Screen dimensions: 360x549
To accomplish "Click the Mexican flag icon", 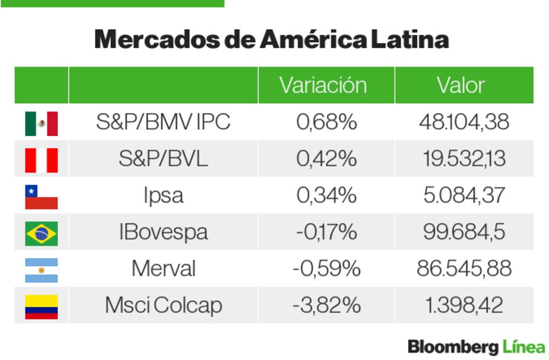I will pos(41,123).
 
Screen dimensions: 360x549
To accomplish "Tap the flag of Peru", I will pos(41,160).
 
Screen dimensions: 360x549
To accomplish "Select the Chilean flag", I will pos(41,197).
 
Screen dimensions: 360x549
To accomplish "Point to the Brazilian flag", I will pos(41,233).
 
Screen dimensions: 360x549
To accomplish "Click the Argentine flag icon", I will pos(41,270).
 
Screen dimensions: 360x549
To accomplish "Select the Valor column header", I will pos(461,85).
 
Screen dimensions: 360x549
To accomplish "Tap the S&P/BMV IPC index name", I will pos(163,122).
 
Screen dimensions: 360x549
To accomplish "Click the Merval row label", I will pos(163,269).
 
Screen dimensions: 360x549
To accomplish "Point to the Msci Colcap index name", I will pos(163,306).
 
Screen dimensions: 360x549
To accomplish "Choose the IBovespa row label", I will pos(163,232).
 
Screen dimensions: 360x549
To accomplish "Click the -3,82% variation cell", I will pos(327,306).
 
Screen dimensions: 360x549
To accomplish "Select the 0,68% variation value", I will pos(327,122).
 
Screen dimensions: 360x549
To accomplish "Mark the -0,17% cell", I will pos(327,232).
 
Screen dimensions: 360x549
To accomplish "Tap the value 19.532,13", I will pos(464,159).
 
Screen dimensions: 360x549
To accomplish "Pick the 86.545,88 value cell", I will pos(464,269).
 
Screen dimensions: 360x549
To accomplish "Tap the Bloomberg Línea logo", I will pos(476,347).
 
